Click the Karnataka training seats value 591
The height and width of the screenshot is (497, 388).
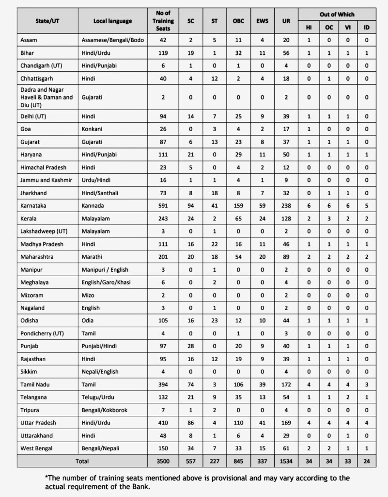163,206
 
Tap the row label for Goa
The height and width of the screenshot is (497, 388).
27,130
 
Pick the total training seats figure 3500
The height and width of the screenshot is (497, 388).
163,460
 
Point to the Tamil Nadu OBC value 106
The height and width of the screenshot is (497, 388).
238,384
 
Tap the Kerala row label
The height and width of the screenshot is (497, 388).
30,218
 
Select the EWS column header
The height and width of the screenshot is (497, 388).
262,21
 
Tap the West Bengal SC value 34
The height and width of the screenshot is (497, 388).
190,447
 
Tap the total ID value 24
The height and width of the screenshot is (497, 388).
366,460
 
